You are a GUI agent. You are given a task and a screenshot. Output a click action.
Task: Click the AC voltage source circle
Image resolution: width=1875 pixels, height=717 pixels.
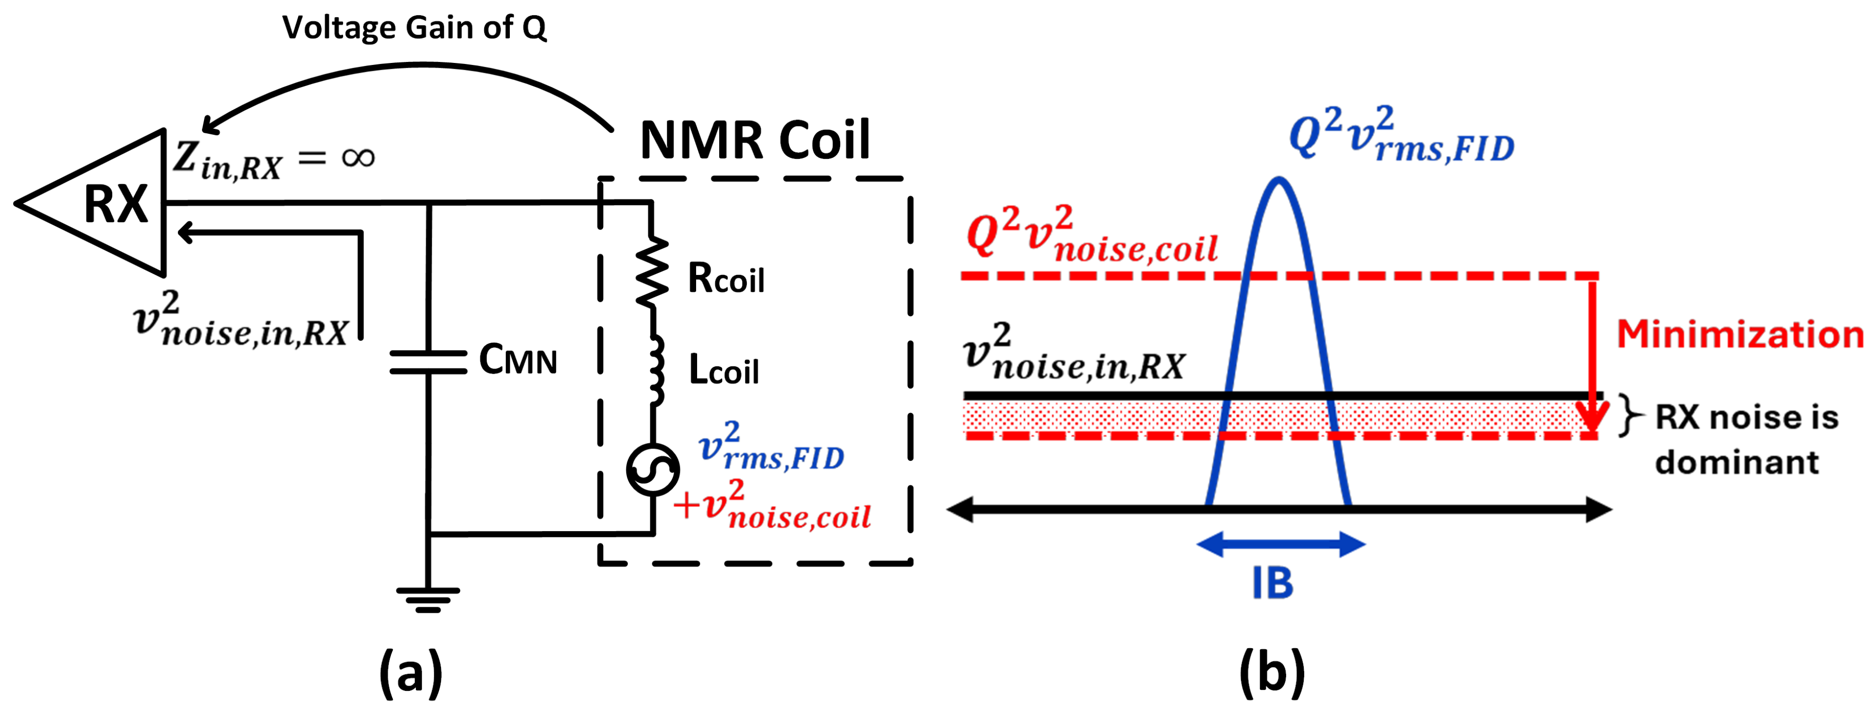pos(653,470)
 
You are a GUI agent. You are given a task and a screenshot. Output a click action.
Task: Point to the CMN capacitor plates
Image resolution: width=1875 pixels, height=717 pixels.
pos(428,362)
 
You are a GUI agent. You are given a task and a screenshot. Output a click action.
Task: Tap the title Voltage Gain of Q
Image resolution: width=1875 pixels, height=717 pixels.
pos(414,28)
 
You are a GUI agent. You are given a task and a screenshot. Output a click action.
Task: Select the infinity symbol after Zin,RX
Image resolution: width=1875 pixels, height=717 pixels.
pos(358,157)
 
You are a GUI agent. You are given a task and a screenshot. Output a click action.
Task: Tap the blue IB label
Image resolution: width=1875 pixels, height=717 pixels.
pos(1272,584)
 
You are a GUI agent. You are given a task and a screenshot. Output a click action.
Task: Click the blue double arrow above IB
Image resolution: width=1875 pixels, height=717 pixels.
pos(1280,544)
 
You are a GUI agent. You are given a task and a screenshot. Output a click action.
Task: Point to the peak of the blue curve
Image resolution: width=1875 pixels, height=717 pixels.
pos(1279,180)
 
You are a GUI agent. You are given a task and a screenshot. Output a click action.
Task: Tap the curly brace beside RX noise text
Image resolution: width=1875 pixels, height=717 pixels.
pos(1631,416)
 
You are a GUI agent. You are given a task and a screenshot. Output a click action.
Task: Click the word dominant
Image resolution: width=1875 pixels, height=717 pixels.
pos(1737,463)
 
